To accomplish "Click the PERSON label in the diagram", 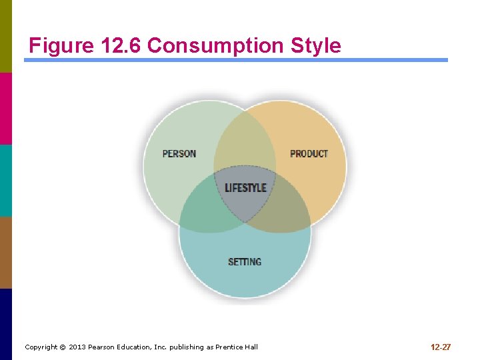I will pyautogui.click(x=179, y=153).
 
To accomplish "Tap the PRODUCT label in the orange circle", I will pyautogui.click(x=309, y=153).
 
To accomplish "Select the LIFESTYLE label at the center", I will pyautogui.click(x=245, y=188).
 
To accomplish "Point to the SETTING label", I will pyautogui.click(x=245, y=262).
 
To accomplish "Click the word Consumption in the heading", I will pyautogui.click(x=216, y=45).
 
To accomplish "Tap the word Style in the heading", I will pyautogui.click(x=315, y=45).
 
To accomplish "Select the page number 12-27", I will pyautogui.click(x=441, y=347).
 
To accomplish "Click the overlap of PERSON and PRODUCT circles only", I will pyautogui.click(x=245, y=143).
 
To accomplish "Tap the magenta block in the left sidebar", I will pyautogui.click(x=5, y=108).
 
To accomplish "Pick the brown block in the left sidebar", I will pyautogui.click(x=5, y=252).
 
